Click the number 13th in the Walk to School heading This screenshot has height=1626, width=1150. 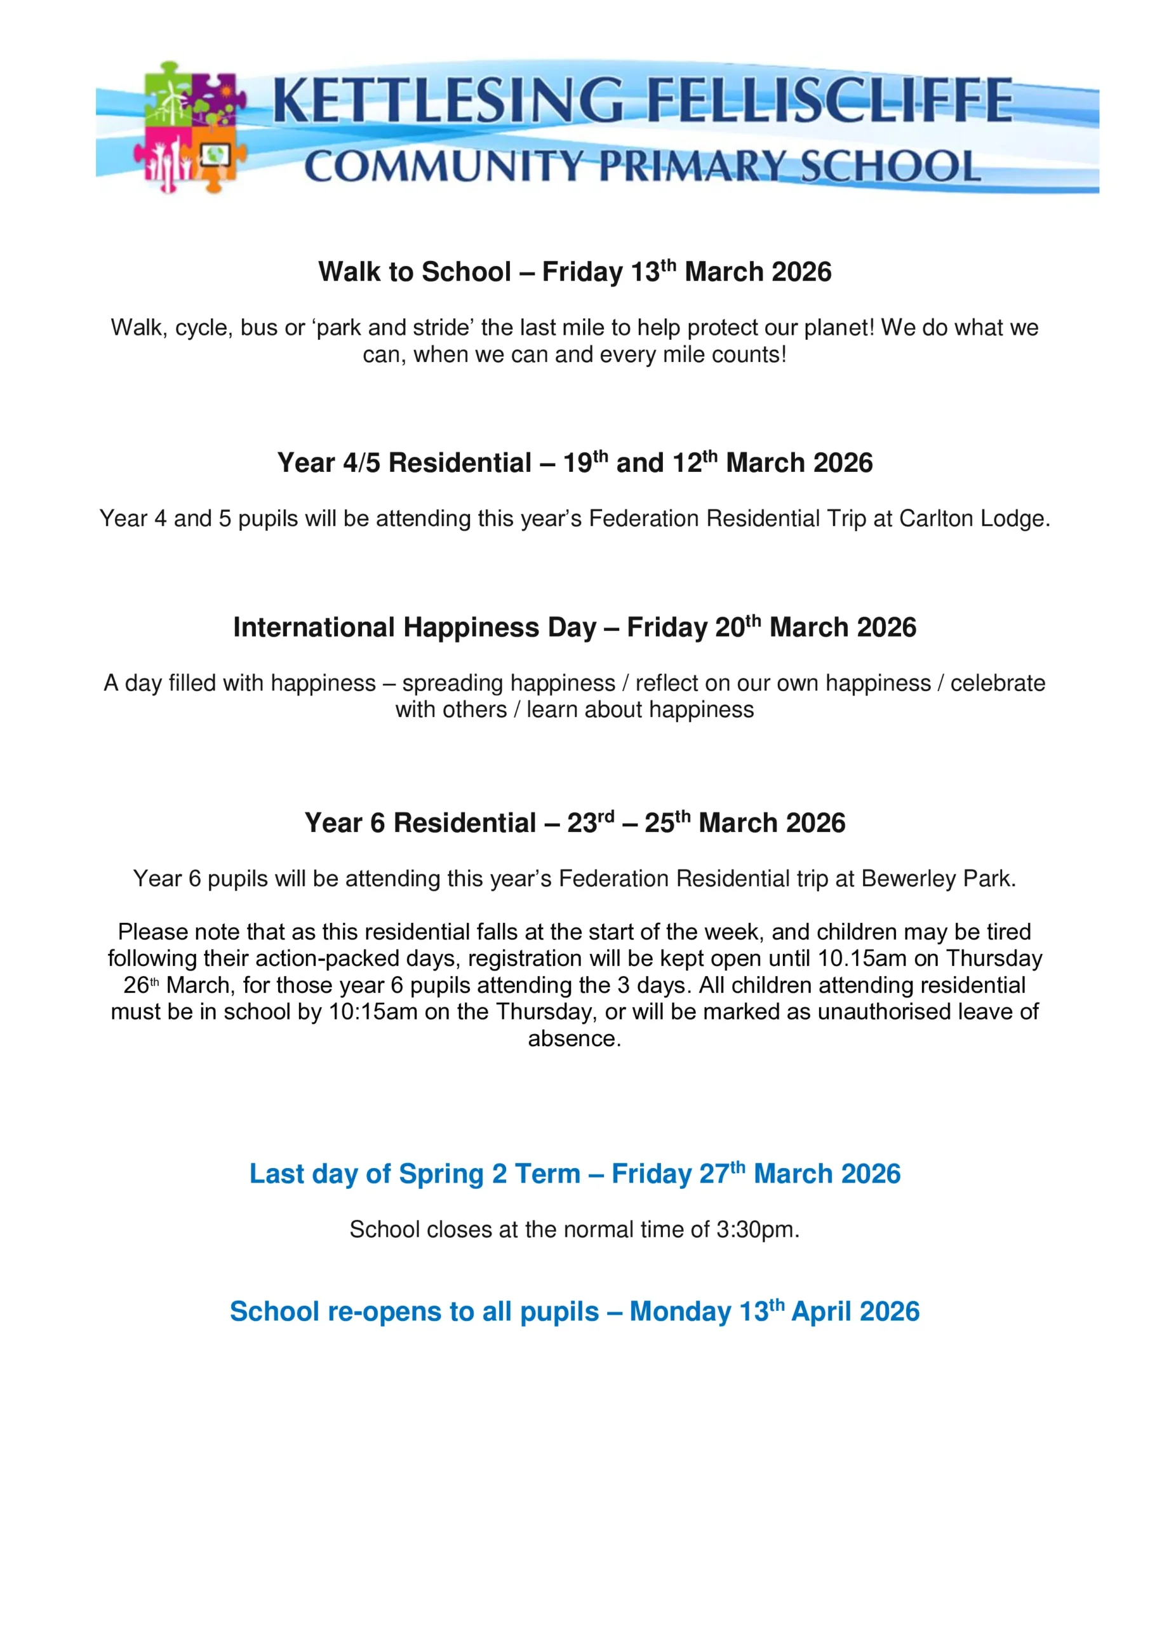[x=653, y=271]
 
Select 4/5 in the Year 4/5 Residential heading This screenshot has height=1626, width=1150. [x=362, y=463]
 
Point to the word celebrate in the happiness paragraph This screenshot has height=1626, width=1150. [x=997, y=683]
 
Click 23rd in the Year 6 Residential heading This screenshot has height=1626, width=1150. [x=590, y=823]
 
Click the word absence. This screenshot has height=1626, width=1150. [x=574, y=1039]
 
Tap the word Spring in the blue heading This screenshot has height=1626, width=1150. [x=442, y=1174]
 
